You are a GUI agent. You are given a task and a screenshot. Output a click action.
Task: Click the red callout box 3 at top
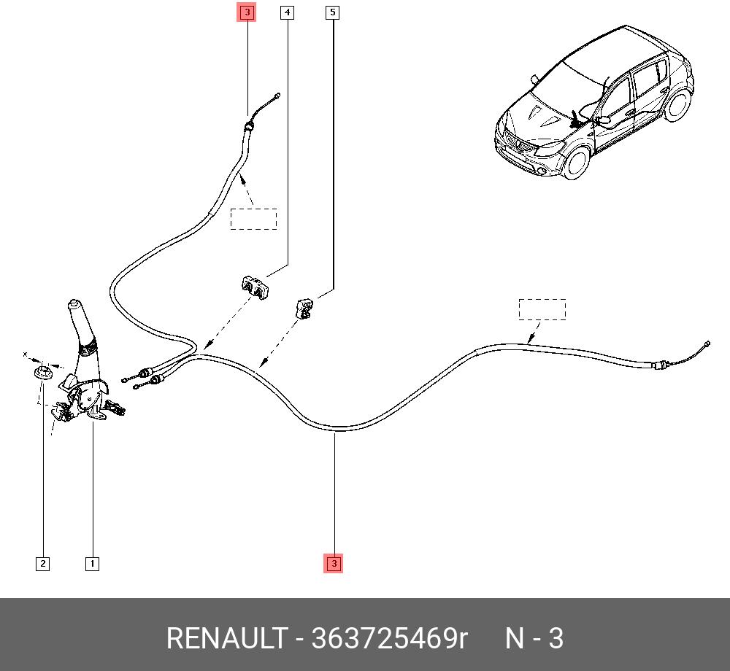pos(247,12)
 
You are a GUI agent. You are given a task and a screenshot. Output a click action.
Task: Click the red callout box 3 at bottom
pos(334,564)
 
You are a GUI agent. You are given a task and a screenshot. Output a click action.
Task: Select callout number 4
pos(288,12)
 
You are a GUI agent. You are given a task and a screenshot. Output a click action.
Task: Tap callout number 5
pos(333,12)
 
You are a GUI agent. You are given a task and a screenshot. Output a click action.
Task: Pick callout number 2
pos(43,564)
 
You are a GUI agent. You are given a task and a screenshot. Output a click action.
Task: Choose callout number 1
pos(92,564)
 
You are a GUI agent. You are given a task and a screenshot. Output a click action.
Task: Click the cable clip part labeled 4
pos(253,287)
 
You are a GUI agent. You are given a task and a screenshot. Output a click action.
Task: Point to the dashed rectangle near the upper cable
pos(253,219)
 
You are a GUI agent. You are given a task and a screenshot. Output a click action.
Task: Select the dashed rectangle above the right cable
pos(542,309)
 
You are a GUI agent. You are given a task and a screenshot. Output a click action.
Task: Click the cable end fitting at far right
pos(705,346)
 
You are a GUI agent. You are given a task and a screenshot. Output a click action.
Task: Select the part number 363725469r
pos(389,639)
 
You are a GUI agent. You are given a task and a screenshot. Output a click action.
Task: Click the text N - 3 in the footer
pos(534,639)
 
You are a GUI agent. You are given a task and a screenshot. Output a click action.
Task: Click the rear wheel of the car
pos(681,106)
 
